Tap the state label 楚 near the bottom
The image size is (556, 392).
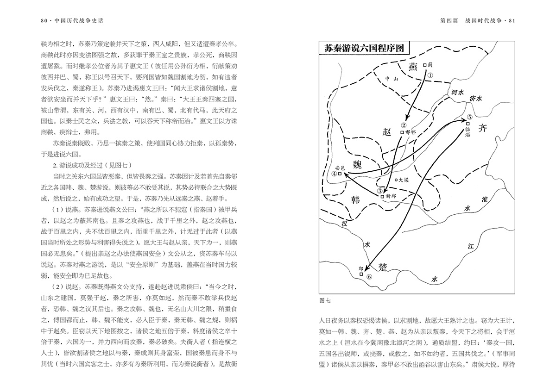click(383, 267)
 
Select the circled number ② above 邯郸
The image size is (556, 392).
click(404, 125)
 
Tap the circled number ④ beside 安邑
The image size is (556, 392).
click(334, 174)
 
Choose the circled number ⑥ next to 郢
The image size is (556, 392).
click(369, 277)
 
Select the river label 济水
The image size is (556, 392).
click(476, 98)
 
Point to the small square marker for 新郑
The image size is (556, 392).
click(383, 196)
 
